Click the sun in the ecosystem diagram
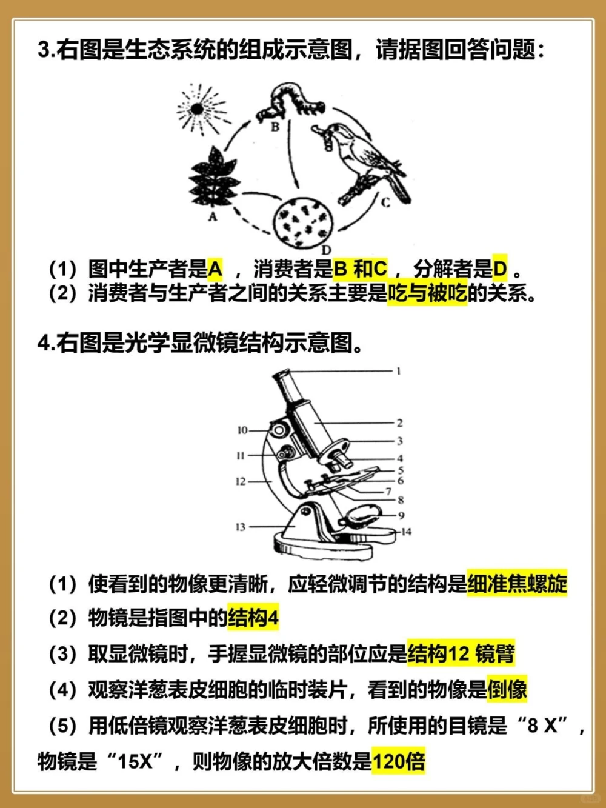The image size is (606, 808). point(197,110)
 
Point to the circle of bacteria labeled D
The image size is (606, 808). point(304,222)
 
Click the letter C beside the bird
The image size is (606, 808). point(385,202)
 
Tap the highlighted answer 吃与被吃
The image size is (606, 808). point(427,293)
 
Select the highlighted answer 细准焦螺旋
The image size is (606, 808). point(517,584)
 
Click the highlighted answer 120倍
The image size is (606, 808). point(399,761)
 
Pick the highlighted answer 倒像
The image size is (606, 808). point(507,689)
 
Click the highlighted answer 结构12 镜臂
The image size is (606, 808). point(461,653)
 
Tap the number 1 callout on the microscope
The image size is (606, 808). point(398,370)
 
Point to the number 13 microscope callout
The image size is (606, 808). point(241,527)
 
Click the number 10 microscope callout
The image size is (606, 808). point(242,430)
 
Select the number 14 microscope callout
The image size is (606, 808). point(406,532)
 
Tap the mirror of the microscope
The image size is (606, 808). point(360,516)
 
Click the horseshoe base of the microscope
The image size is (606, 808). point(321,546)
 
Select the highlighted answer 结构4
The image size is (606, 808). point(253,618)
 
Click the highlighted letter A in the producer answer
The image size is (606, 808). point(215,268)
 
